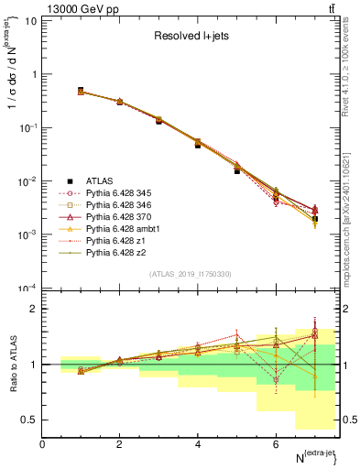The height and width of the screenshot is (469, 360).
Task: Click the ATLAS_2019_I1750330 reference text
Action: pyautogui.click(x=191, y=274)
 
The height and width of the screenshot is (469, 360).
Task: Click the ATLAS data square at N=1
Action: pyautogui.click(x=81, y=91)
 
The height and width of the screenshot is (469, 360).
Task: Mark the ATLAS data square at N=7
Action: pyautogui.click(x=314, y=219)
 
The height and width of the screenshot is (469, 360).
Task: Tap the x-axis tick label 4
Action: pyautogui.click(x=198, y=444)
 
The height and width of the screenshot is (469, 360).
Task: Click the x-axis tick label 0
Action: pyautogui.click(x=42, y=444)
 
